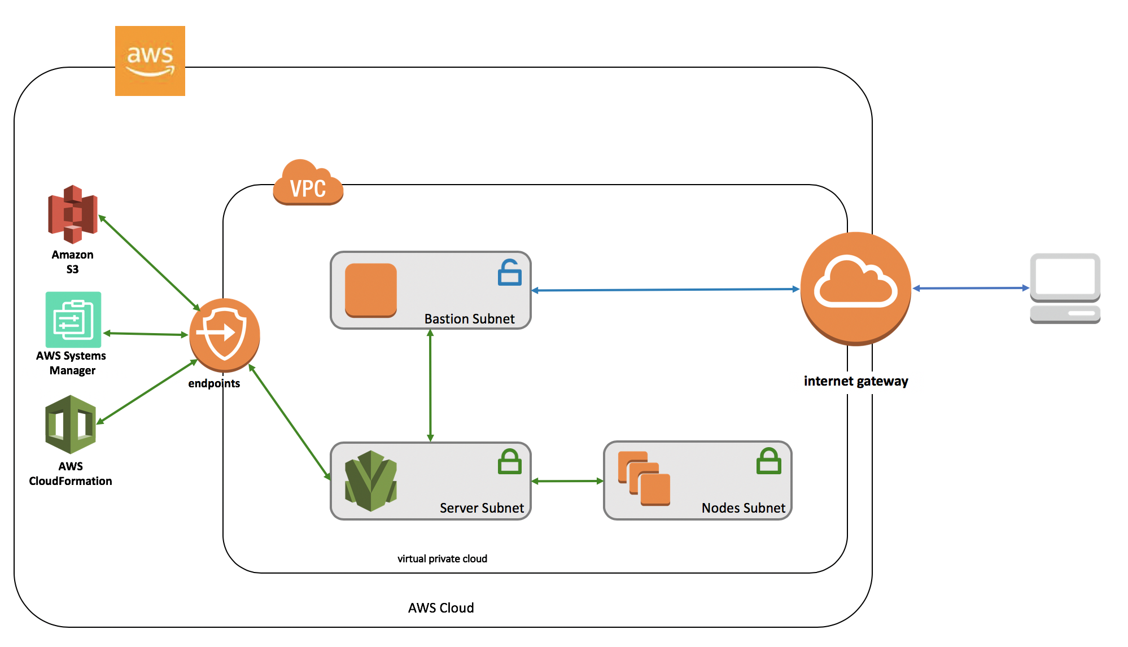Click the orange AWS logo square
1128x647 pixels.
coord(150,61)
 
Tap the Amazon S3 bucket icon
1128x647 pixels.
coord(73,215)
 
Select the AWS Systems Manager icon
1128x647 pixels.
coord(73,320)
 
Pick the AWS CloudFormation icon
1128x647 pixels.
coord(71,425)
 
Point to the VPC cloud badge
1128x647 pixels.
coord(308,183)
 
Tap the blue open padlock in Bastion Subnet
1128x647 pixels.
coord(509,273)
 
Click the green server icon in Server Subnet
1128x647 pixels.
coord(371,480)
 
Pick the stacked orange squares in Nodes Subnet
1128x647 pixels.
coord(644,478)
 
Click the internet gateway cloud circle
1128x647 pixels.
coord(856,288)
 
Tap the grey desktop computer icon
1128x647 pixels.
coord(1065,288)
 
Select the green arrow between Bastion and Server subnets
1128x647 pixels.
coord(430,386)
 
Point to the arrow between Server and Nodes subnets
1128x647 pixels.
coord(567,481)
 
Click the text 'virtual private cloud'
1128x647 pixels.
coord(442,559)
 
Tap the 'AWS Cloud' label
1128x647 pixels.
coord(441,608)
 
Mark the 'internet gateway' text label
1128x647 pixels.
coord(856,381)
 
